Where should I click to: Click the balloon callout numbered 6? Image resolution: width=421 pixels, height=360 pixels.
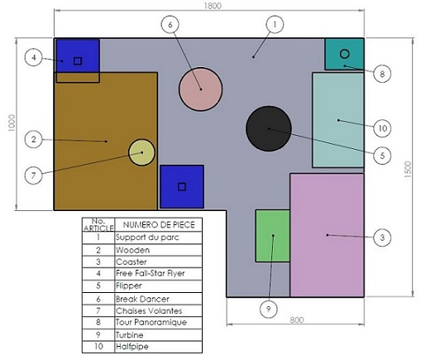click(170, 25)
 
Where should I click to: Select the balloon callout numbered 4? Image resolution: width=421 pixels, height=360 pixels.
click(33, 58)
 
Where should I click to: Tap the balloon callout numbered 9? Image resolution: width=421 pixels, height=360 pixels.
click(267, 309)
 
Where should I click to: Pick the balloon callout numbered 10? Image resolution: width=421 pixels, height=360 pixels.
click(381, 128)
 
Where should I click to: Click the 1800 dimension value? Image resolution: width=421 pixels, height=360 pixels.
click(213, 6)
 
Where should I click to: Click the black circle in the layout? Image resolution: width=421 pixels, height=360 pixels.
click(268, 128)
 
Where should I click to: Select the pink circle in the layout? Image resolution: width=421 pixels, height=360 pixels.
click(201, 89)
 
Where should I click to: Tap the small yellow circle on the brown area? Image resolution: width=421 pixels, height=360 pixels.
click(141, 152)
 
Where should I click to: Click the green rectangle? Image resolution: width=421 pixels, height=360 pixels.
click(272, 235)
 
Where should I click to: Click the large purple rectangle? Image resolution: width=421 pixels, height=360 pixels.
click(327, 234)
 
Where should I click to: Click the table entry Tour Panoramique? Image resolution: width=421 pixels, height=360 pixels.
click(151, 322)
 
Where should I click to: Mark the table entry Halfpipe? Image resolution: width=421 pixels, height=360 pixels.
click(132, 346)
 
